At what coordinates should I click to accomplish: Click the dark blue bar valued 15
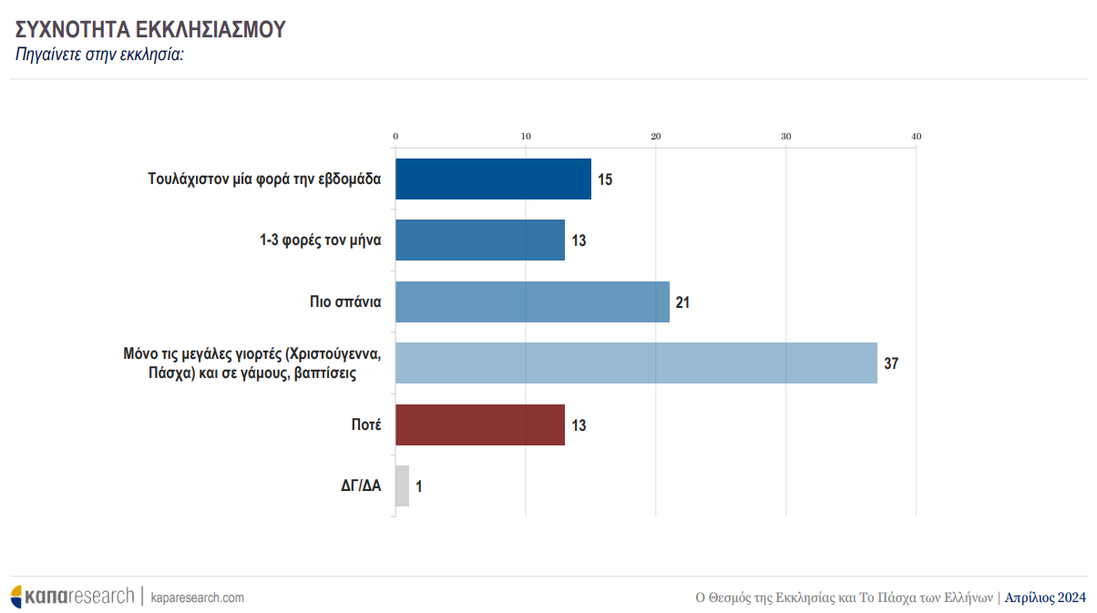[x=493, y=179]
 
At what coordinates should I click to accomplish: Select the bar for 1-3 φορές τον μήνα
[x=480, y=240]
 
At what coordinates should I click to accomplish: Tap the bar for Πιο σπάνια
[x=532, y=302]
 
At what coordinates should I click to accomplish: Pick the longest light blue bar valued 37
[x=636, y=363]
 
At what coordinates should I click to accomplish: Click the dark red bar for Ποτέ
[x=480, y=425]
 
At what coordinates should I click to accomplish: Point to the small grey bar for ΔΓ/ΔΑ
[x=402, y=486]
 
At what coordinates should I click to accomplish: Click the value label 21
[x=682, y=302]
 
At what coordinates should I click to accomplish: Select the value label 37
[x=890, y=363]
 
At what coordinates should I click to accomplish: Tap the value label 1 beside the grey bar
[x=418, y=486]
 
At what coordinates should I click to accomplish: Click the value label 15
[x=604, y=179]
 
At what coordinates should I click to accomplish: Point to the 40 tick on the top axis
[x=916, y=137]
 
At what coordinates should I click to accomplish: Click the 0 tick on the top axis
[x=395, y=137]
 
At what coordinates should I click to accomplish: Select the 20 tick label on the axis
[x=656, y=137]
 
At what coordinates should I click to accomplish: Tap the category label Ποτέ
[x=365, y=425]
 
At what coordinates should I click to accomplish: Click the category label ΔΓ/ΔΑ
[x=354, y=486]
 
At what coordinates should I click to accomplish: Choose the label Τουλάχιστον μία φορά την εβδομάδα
[x=264, y=179]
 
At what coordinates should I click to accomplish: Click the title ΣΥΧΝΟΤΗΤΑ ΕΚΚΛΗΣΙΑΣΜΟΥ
[x=151, y=29]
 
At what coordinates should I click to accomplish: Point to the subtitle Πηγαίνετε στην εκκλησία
[x=100, y=55]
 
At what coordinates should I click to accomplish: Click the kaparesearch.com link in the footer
[x=197, y=598]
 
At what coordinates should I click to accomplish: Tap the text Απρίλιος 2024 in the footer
[x=1045, y=598]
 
